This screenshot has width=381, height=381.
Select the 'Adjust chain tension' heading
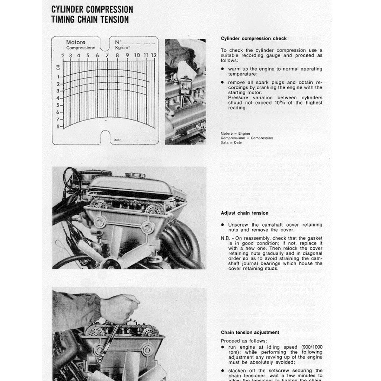(244, 213)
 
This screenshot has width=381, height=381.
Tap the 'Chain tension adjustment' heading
(250, 333)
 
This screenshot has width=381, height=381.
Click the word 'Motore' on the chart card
(76, 42)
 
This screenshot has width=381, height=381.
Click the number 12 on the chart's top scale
(154, 55)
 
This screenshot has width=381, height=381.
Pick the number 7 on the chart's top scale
(107, 55)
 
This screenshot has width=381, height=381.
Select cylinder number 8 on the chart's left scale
(58, 127)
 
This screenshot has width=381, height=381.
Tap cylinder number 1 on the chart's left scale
(58, 77)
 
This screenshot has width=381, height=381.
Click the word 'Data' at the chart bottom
(118, 140)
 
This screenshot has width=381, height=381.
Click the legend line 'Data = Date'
(231, 143)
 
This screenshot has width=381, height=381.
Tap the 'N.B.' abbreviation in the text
(226, 238)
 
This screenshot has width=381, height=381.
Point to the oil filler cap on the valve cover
(135, 175)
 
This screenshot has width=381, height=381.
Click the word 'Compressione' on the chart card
(81, 48)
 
